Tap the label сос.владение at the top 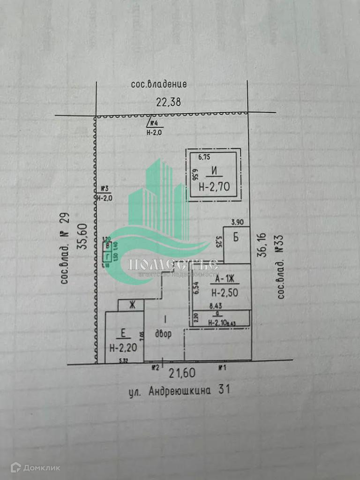(x=159, y=85)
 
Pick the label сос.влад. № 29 (x=65, y=249)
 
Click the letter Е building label (x=123, y=334)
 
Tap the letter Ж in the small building (x=133, y=305)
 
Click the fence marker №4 (x=156, y=124)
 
